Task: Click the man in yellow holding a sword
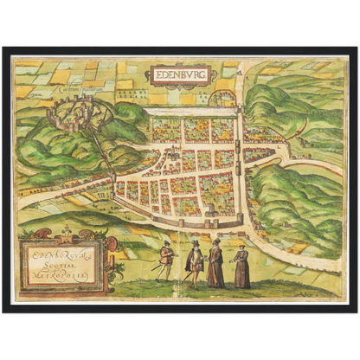tap(165, 260)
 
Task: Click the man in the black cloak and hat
tap(196, 264)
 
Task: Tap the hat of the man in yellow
tap(165, 243)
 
